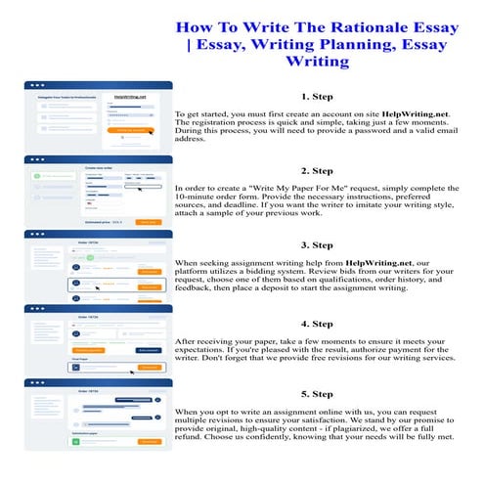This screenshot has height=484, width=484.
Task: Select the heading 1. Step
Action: click(318, 97)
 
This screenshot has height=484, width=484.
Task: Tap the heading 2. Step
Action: click(318, 170)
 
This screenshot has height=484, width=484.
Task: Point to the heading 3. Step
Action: click(318, 244)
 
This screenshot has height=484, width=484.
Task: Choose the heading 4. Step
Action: click(318, 323)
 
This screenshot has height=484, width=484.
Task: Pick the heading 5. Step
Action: click(318, 394)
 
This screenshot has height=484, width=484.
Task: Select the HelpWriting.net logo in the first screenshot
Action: click(129, 97)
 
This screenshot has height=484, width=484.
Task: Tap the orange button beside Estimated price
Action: click(147, 222)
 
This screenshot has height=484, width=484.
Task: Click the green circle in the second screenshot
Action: click(36, 176)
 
